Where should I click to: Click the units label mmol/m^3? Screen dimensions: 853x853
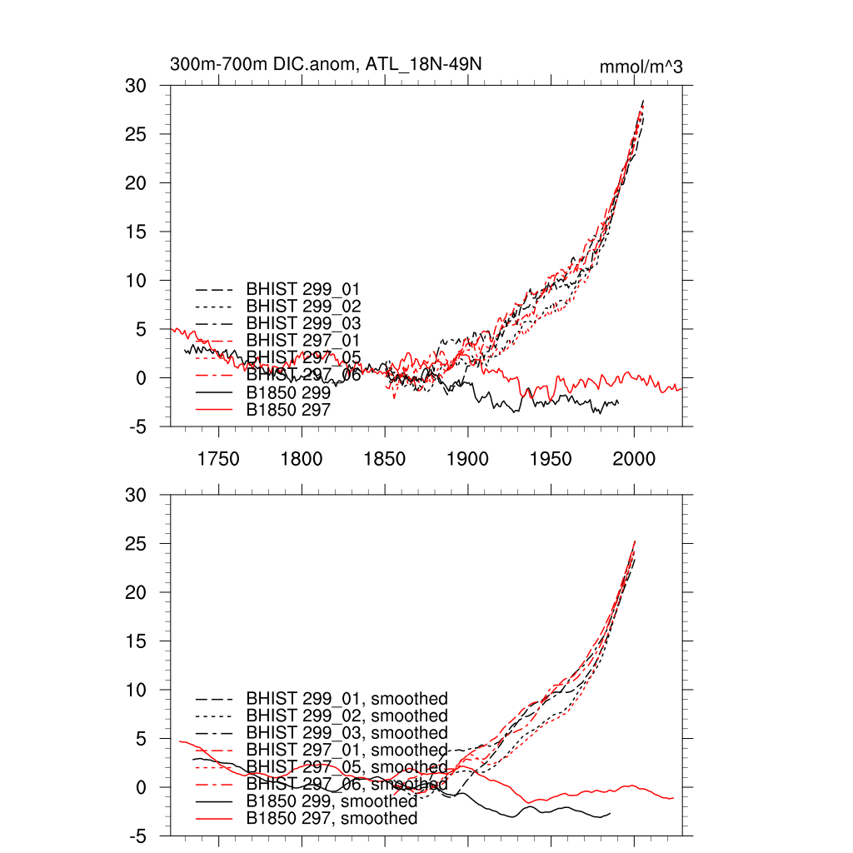pos(641,67)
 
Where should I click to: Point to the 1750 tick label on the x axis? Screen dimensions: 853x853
pos(218,459)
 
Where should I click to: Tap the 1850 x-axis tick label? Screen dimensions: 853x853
pos(385,459)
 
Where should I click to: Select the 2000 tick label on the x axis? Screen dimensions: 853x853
pos(635,459)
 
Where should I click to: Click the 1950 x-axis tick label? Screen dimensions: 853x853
pos(551,459)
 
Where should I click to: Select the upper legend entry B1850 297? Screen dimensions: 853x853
pos(288,410)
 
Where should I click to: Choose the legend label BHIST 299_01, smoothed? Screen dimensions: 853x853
pos(347,698)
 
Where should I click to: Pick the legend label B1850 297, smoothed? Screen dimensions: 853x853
pos(332,819)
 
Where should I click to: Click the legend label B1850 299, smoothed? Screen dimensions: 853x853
pos(332,801)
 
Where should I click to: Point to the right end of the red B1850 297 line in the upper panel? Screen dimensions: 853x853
pos(681,389)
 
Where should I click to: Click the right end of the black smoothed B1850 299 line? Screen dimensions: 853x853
pos(610,813)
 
